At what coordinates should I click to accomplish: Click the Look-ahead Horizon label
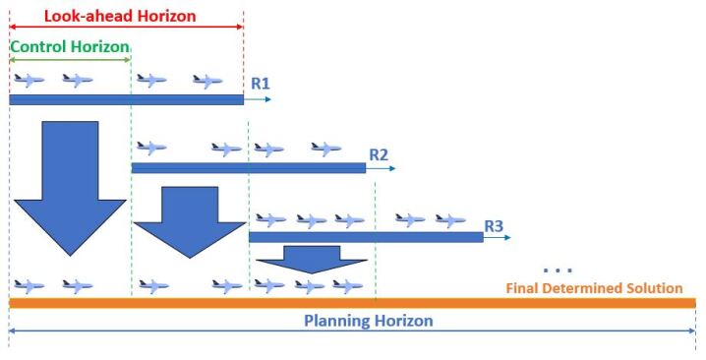click(x=121, y=16)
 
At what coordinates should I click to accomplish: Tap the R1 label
click(x=260, y=85)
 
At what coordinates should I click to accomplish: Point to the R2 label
click(x=379, y=154)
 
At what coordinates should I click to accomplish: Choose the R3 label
click(x=494, y=225)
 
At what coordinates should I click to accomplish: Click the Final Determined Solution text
click(x=594, y=288)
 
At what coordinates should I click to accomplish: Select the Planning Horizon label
click(x=368, y=321)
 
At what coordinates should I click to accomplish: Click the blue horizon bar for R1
click(x=126, y=99)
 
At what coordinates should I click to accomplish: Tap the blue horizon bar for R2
click(x=248, y=168)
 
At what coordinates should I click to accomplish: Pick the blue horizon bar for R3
click(x=366, y=237)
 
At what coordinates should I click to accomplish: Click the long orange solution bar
click(x=352, y=303)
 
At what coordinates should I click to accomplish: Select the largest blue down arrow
click(x=71, y=187)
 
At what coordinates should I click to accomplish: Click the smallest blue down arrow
click(x=311, y=258)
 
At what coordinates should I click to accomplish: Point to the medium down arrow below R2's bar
click(x=189, y=222)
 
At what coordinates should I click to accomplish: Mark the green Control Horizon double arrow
click(x=69, y=60)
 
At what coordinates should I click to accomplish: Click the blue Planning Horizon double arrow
click(x=352, y=335)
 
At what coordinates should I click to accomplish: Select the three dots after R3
click(x=557, y=270)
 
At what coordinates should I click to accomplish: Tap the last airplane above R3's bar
click(x=450, y=220)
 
